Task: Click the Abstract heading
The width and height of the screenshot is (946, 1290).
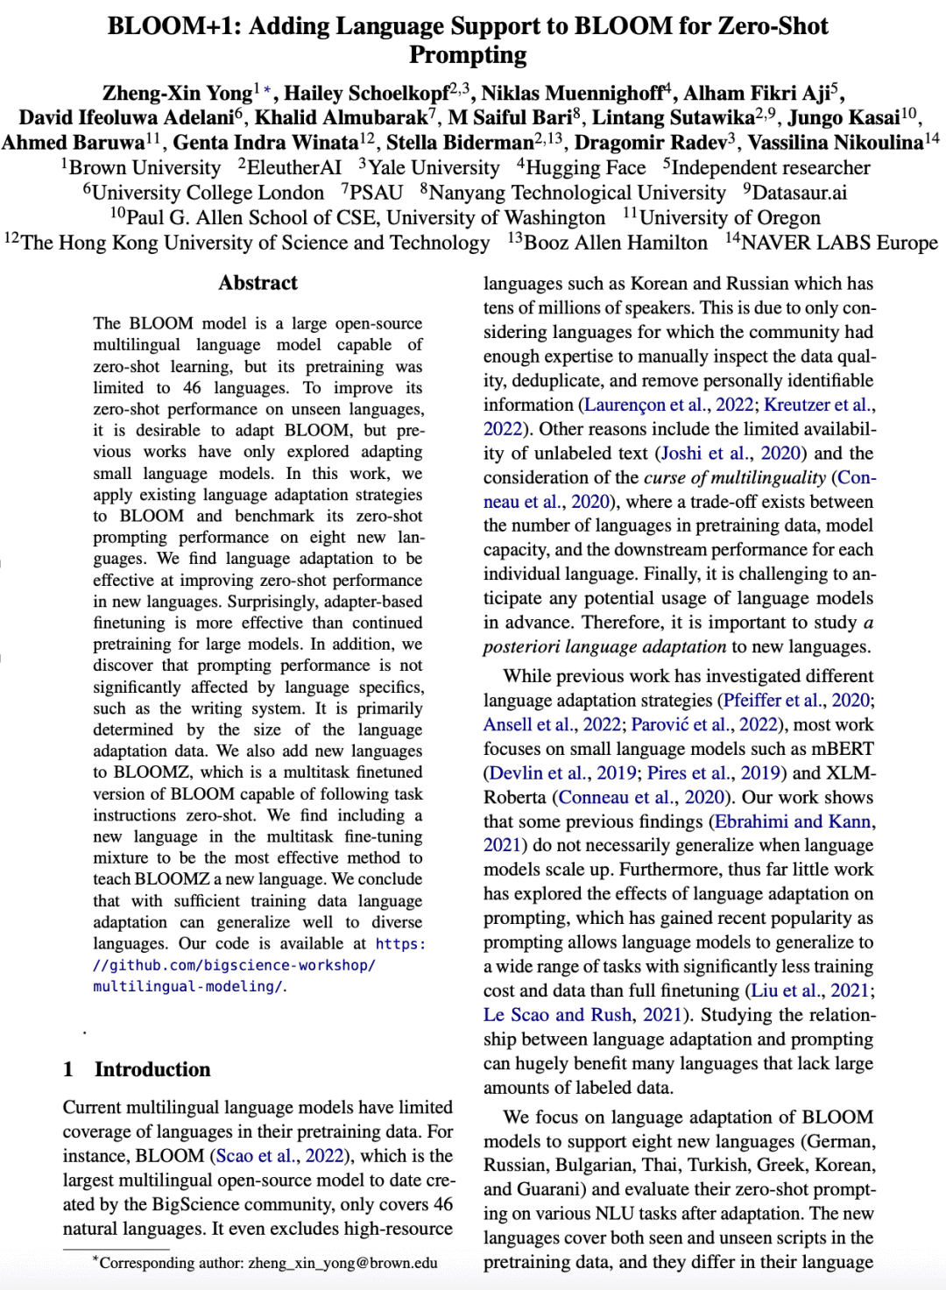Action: click(x=258, y=283)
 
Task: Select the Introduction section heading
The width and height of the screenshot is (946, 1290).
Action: click(x=152, y=1069)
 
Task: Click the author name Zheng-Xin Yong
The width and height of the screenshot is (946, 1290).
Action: click(x=177, y=94)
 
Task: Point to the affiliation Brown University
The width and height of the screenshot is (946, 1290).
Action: click(x=145, y=168)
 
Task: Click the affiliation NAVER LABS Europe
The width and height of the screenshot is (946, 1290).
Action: click(x=838, y=243)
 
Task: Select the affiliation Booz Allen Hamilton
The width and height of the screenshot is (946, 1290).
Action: click(x=615, y=243)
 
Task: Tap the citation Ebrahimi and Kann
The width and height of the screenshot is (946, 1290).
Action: click(x=793, y=821)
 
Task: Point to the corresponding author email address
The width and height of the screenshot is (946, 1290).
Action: click(x=342, y=1263)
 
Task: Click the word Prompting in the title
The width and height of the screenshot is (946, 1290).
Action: click(x=468, y=54)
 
